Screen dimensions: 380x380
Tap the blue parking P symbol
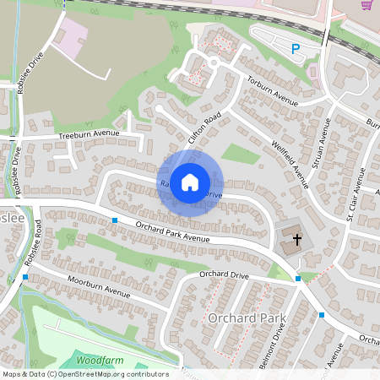click(x=296, y=50)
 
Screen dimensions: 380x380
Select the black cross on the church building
click(x=296, y=240)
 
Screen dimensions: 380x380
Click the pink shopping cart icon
click(x=366, y=5)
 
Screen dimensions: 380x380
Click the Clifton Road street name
click(x=203, y=128)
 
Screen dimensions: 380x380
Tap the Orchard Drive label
click(x=224, y=274)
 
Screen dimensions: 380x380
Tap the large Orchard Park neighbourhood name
click(x=247, y=318)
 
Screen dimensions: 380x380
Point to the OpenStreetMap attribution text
click(x=84, y=374)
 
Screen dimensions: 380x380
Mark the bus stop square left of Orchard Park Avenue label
click(x=115, y=220)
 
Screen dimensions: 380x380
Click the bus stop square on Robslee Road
click(x=26, y=276)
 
